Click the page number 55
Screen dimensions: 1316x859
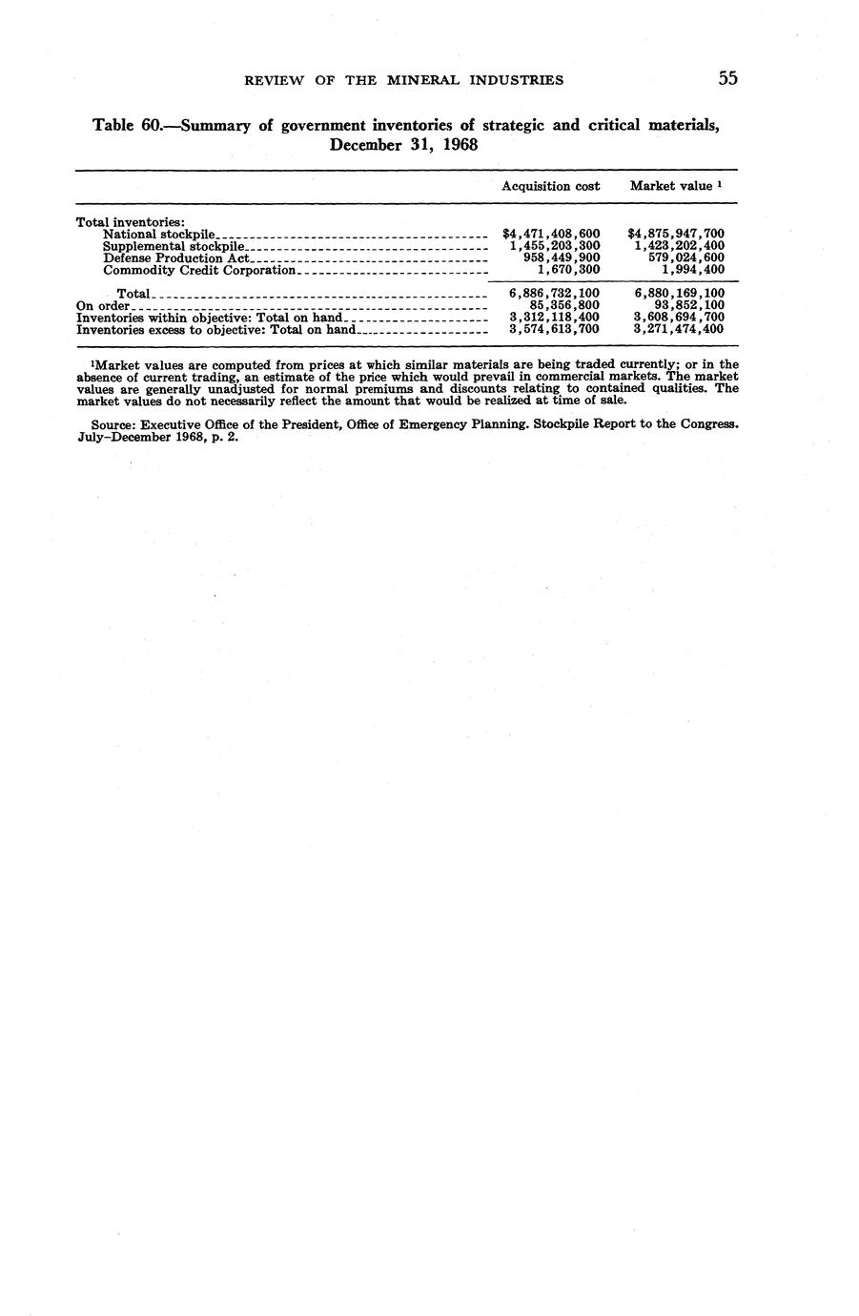click(x=727, y=78)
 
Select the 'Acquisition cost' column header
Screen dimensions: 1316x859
click(x=550, y=186)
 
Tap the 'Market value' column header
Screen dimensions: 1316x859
click(x=671, y=186)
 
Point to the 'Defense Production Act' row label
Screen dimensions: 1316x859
click(x=175, y=257)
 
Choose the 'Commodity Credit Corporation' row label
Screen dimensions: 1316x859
click(x=199, y=270)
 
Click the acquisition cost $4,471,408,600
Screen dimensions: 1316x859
click(x=550, y=234)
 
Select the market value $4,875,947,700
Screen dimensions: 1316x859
click(x=676, y=234)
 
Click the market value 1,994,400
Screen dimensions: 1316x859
click(x=692, y=270)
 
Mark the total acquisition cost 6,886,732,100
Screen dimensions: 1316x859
click(x=554, y=294)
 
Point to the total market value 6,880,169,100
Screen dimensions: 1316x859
click(x=679, y=294)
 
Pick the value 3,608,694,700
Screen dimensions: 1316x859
click(x=679, y=317)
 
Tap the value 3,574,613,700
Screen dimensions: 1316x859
click(x=554, y=329)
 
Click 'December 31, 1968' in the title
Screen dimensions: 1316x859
click(x=403, y=145)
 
